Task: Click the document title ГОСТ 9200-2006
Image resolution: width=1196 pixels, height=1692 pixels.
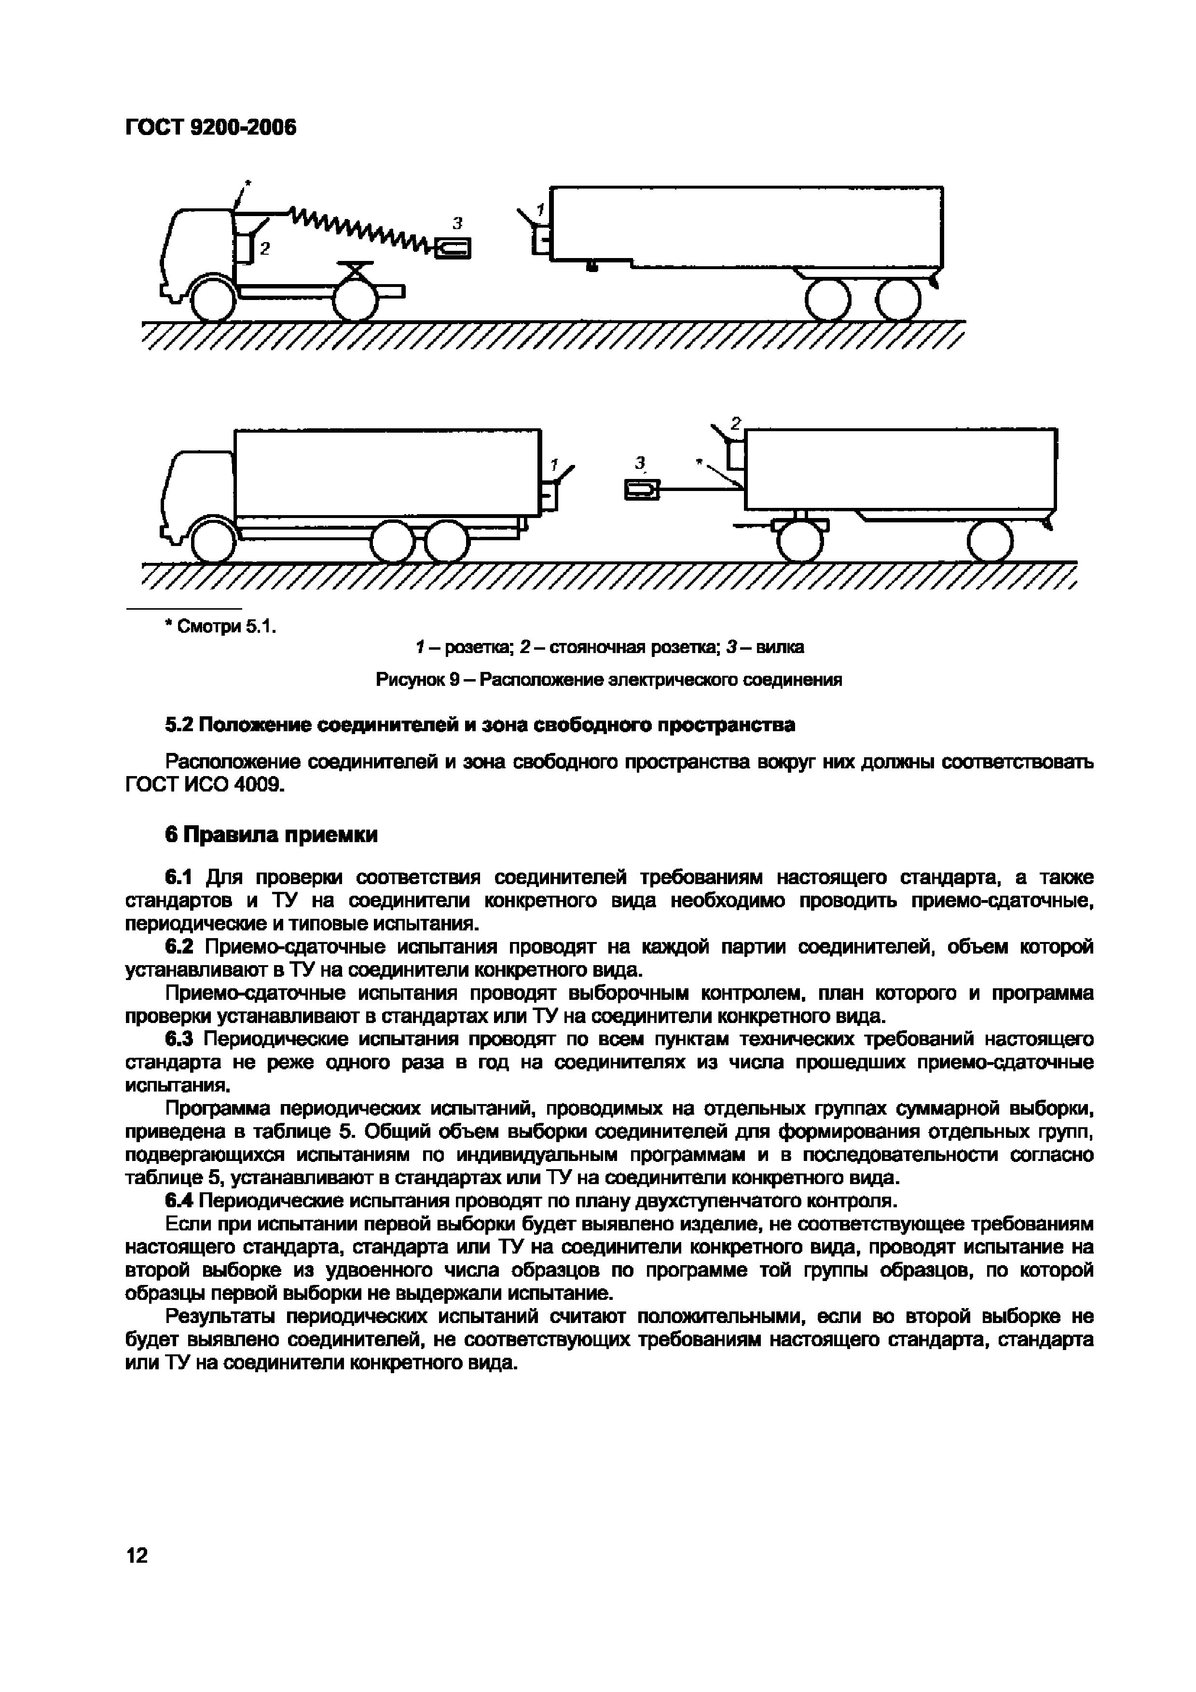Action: click(211, 127)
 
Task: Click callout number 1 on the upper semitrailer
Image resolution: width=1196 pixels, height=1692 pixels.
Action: click(540, 210)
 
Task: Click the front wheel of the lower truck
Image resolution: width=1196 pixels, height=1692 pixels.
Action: click(213, 542)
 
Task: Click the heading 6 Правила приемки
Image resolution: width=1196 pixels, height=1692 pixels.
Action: click(271, 834)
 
